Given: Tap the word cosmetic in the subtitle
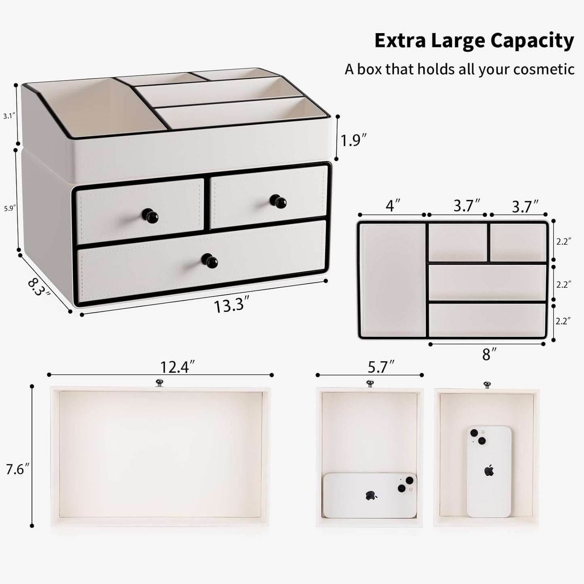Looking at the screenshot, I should (x=544, y=70).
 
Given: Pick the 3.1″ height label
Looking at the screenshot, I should (x=9, y=116).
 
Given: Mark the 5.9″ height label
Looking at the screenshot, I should (x=9, y=209).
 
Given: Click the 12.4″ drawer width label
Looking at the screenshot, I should (x=177, y=367).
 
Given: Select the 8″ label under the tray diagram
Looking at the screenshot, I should (x=486, y=355).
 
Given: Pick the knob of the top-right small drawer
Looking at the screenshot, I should (x=278, y=201).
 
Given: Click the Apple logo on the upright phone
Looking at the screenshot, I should (x=490, y=470).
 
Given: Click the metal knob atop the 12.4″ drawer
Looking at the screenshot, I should (x=159, y=382).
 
